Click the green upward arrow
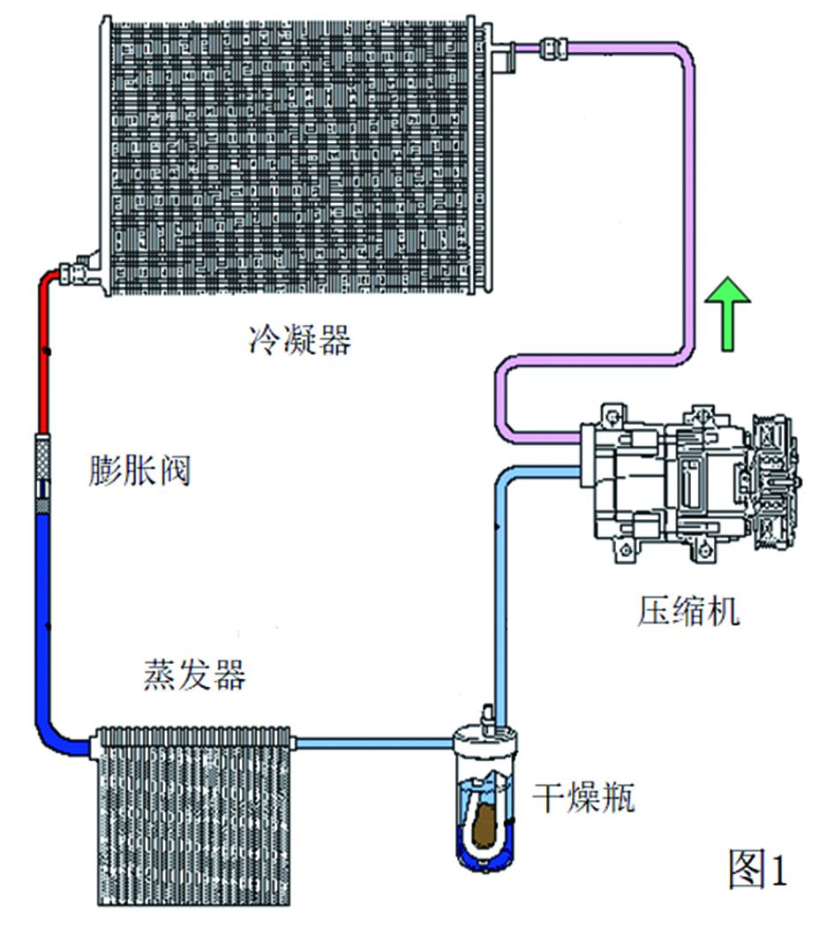pyautogui.click(x=728, y=313)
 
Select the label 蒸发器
pyautogui.click(x=193, y=675)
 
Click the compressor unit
pyautogui.click(x=680, y=481)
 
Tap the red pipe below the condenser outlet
pyautogui.click(x=43, y=353)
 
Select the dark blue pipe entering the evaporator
pyautogui.click(x=44, y=618)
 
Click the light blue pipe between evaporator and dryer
pyautogui.click(x=371, y=744)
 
